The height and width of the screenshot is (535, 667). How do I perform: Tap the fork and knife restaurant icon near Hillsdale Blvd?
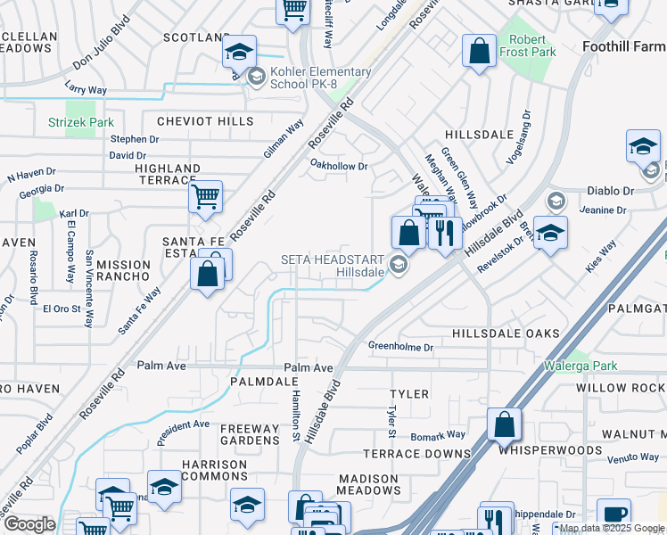[445, 233]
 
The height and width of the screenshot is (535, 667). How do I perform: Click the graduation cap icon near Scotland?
[239, 51]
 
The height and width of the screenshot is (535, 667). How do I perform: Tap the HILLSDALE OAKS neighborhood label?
[506, 333]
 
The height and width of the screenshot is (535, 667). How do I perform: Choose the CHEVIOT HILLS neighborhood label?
[205, 121]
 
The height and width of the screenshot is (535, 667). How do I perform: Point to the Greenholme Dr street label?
[401, 347]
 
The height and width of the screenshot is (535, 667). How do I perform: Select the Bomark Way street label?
[438, 435]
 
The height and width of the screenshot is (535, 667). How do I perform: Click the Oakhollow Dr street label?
[339, 165]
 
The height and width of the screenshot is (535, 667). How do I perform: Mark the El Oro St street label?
[62, 309]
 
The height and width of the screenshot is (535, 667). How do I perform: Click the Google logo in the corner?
[29, 524]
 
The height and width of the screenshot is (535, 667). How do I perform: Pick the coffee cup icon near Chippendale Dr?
[613, 514]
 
